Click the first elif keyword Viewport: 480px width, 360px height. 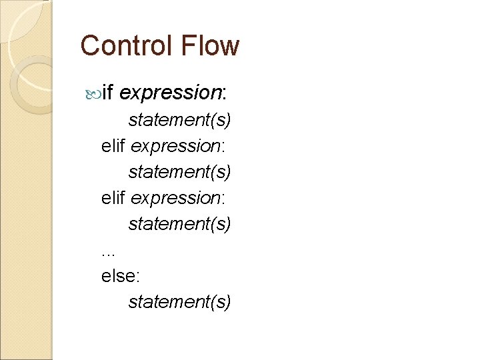click(113, 146)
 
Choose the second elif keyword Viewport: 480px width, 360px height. click(113, 198)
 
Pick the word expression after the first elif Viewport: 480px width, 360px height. click(174, 146)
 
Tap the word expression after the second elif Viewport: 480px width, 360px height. click(174, 198)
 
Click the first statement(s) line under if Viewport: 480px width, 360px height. click(180, 120)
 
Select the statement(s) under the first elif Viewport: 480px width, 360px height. click(180, 172)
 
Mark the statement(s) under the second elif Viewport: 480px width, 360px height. click(180, 224)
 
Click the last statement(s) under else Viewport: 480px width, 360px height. click(180, 302)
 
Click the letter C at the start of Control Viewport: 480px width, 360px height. click(89, 46)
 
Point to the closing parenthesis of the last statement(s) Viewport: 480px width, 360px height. click(229, 303)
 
